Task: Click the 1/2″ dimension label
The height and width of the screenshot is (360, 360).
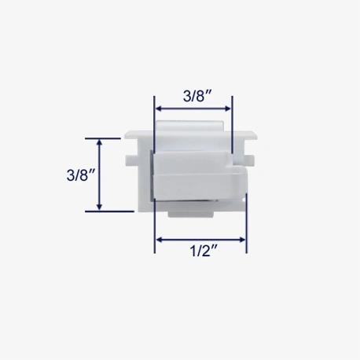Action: tap(202, 253)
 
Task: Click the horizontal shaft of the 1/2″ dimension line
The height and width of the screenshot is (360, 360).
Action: tap(201, 238)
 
